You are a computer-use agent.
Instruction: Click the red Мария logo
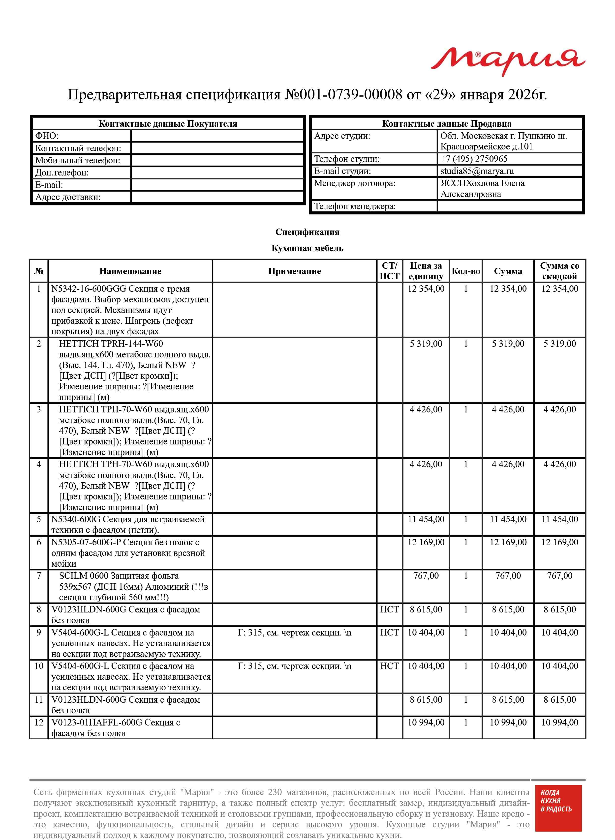point(508,61)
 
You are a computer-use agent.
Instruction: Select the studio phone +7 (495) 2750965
point(474,159)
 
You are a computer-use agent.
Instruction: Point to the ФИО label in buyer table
point(47,136)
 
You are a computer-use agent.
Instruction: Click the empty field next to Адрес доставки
point(217,197)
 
